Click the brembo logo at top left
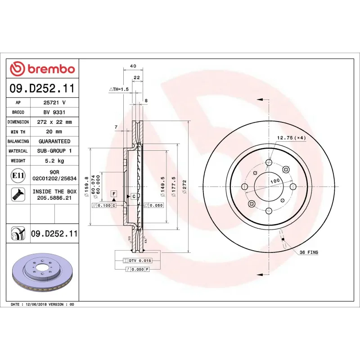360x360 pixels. click(x=42, y=69)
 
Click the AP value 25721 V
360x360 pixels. click(x=54, y=103)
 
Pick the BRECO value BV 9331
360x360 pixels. click(x=54, y=112)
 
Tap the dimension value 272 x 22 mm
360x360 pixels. click(x=54, y=122)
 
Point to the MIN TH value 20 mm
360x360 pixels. click(x=54, y=132)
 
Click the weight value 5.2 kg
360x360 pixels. click(x=54, y=161)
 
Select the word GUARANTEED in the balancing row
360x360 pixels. click(x=54, y=141)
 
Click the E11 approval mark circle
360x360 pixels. click(x=18, y=175)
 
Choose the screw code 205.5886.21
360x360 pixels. click(x=54, y=198)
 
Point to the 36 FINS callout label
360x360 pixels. click(x=309, y=252)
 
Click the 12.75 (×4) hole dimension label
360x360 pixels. click(x=291, y=138)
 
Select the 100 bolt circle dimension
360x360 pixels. click(x=274, y=180)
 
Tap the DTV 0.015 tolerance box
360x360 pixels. click(x=140, y=261)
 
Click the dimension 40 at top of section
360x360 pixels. click(x=133, y=66)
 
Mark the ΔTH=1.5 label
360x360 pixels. click(x=119, y=90)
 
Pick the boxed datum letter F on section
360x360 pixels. click(x=114, y=193)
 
